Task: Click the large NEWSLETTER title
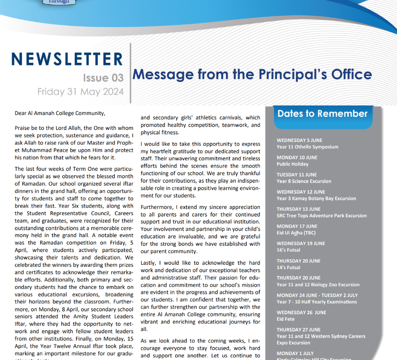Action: point(67,59)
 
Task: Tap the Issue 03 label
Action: point(103,78)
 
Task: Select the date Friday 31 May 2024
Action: point(80,92)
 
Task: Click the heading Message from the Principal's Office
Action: point(252,74)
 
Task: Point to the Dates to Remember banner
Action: point(322,114)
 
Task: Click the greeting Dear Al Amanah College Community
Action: point(60,113)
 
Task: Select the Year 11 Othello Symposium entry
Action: point(307,147)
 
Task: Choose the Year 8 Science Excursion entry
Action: point(304,181)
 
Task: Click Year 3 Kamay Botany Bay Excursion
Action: point(316,198)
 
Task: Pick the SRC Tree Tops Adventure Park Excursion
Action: point(321,216)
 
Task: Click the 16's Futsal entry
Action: point(289,250)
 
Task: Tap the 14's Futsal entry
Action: point(289,267)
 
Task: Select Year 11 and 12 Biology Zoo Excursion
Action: point(318,284)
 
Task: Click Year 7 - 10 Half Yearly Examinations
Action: point(317,302)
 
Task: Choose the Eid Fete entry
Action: point(286,319)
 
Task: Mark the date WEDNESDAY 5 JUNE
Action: point(300,140)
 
